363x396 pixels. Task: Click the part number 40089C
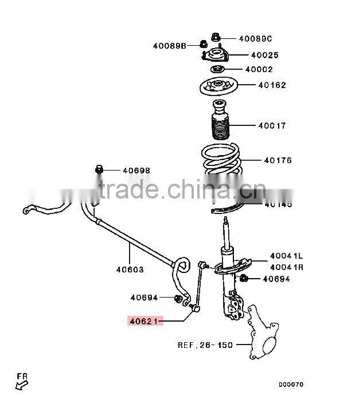tap(255, 39)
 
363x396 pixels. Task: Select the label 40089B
tap(169, 45)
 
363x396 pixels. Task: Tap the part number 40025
tap(264, 56)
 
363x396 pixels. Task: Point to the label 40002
tap(259, 70)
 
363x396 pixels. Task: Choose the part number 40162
tap(272, 85)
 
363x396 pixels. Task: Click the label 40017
tap(272, 126)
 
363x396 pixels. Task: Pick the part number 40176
tap(278, 161)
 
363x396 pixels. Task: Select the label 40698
tap(136, 171)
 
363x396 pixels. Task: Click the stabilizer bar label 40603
tap(130, 269)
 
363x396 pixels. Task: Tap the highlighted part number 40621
tap(145, 322)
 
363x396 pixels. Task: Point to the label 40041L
tap(287, 256)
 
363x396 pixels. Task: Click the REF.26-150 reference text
tap(205, 345)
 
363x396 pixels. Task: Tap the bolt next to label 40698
tap(99, 169)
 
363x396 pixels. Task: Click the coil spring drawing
tap(221, 160)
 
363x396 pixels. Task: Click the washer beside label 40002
tap(217, 70)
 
